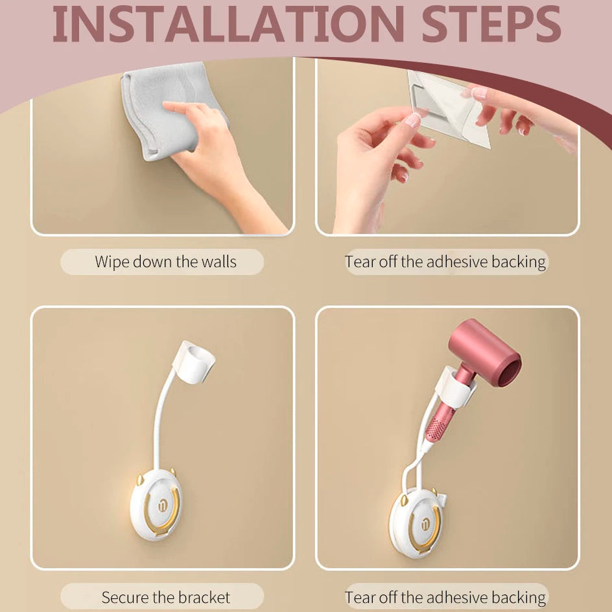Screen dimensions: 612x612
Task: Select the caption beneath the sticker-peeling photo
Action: click(446, 262)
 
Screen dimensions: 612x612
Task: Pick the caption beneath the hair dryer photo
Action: click(446, 597)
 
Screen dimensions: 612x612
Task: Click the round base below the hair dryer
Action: click(415, 519)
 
